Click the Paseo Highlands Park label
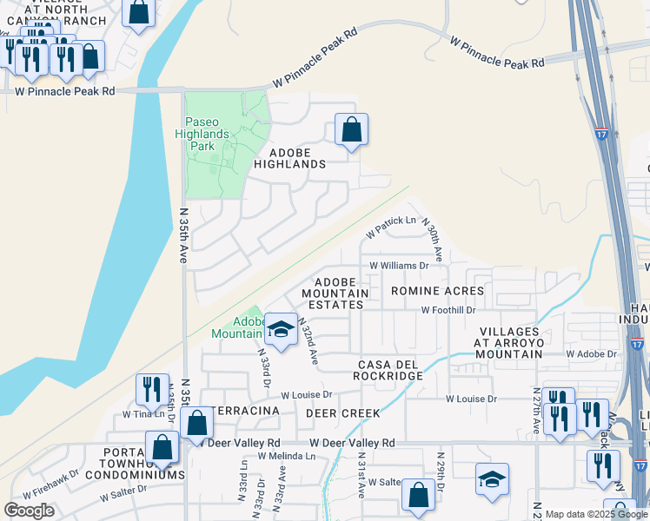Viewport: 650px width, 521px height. (x=208, y=135)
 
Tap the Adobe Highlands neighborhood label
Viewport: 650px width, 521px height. (x=290, y=163)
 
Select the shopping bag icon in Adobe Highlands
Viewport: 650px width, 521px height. (x=351, y=130)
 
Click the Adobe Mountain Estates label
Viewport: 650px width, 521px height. (x=336, y=293)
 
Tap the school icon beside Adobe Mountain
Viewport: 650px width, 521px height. (x=281, y=329)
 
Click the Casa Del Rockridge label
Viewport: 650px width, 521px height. (x=388, y=369)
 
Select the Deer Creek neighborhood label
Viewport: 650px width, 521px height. (x=342, y=413)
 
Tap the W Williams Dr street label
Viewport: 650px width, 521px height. (x=400, y=266)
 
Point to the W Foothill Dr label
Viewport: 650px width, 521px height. (x=448, y=310)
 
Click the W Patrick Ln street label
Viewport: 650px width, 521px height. (x=390, y=228)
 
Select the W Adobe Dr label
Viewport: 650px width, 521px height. (x=591, y=354)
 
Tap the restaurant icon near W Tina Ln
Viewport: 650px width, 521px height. (x=152, y=391)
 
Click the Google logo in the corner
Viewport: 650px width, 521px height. (x=29, y=511)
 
